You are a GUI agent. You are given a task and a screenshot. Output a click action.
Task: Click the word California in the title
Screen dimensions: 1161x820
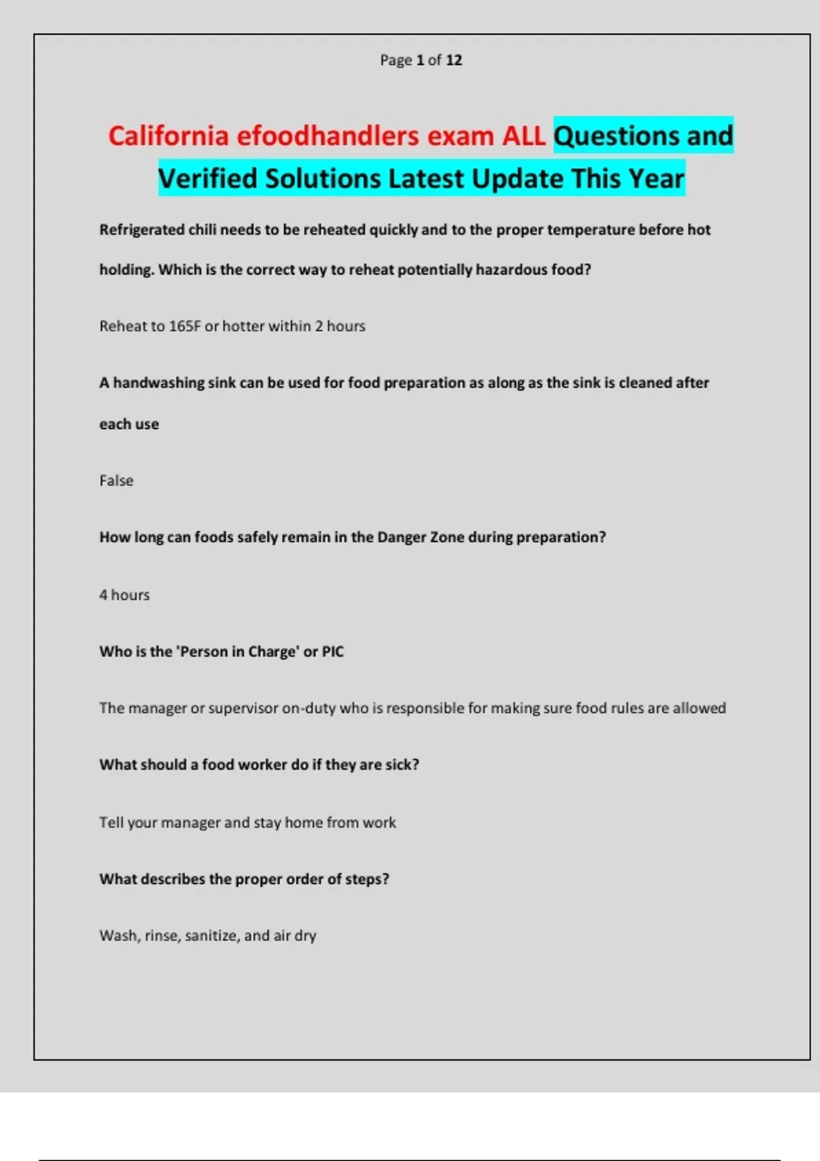point(168,136)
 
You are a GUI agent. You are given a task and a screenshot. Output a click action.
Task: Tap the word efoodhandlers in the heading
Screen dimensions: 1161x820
point(328,136)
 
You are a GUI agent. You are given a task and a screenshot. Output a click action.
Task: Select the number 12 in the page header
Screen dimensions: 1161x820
point(454,60)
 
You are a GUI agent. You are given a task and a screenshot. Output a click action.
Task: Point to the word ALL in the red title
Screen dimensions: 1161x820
point(524,136)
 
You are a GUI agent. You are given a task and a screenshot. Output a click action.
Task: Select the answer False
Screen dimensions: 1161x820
point(116,481)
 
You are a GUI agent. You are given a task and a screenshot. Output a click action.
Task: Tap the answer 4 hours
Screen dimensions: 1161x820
point(124,595)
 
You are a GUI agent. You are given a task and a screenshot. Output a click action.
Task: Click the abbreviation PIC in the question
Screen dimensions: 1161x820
point(333,652)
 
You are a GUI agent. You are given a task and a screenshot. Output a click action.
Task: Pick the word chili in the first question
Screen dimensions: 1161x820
point(202,229)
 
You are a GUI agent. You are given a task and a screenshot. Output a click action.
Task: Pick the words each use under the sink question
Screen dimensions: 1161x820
point(129,424)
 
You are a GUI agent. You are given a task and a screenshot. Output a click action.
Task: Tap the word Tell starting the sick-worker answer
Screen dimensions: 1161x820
point(111,822)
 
